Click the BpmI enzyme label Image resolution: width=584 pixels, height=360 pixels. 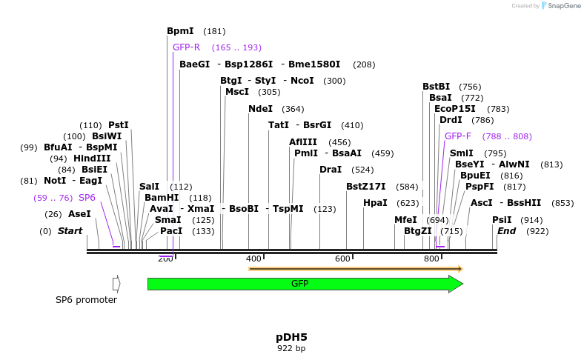coord(180,31)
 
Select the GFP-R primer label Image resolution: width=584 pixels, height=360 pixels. coord(186,47)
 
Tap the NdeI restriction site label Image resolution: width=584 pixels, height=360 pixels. coord(260,109)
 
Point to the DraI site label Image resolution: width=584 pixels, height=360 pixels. coord(331,170)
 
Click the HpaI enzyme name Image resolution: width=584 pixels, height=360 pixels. coord(375,203)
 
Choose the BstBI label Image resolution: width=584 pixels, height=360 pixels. coord(436,87)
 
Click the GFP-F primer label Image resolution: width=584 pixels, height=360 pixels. coord(458,136)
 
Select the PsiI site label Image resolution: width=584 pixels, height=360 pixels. coord(502,220)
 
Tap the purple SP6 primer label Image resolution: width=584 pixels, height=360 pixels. coord(87,198)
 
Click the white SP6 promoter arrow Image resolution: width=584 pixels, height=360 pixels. coord(116,284)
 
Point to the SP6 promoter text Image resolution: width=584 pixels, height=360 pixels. coord(86,300)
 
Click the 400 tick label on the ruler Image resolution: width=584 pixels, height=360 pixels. coord(253,259)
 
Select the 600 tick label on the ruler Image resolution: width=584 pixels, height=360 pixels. coord(342,259)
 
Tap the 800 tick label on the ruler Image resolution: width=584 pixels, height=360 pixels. coord(431,259)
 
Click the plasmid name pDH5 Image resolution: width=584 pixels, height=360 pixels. coord(291,337)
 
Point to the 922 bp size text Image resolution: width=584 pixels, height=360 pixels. coord(291,348)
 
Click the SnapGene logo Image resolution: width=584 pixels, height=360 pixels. coord(561,6)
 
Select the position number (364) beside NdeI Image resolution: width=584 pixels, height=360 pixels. coord(293,109)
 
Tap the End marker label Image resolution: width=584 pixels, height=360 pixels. coord(506,231)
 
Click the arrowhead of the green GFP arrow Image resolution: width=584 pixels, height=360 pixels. coord(456,284)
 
